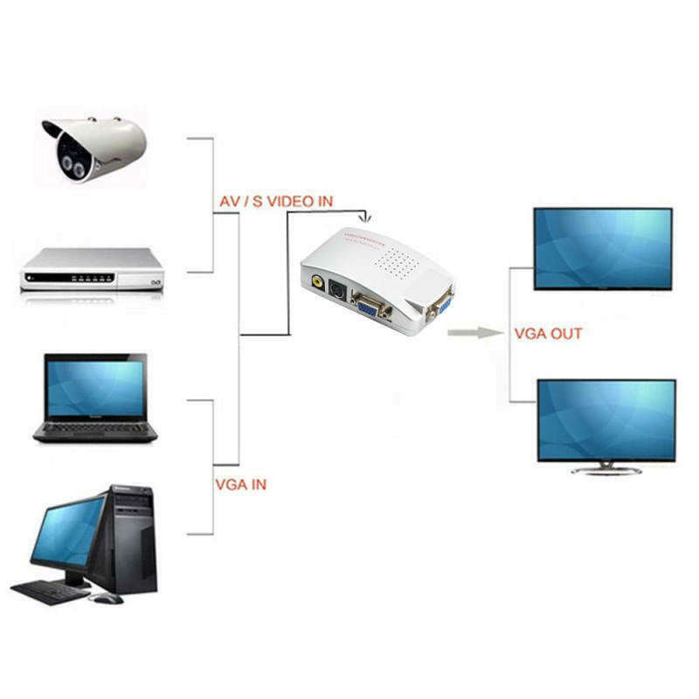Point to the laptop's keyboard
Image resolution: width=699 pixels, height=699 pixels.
coord(96,429)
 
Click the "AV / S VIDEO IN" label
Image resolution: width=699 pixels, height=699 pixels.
coord(274,201)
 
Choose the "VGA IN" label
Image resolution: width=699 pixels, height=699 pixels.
coord(240,483)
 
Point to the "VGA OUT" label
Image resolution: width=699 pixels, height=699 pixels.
coord(548,333)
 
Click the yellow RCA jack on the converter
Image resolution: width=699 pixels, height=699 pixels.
coord(315,282)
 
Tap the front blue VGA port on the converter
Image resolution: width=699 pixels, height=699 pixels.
coord(371,306)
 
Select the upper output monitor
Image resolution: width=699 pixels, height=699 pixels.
coord(603,248)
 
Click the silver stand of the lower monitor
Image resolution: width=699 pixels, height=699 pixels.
coord(606,469)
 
